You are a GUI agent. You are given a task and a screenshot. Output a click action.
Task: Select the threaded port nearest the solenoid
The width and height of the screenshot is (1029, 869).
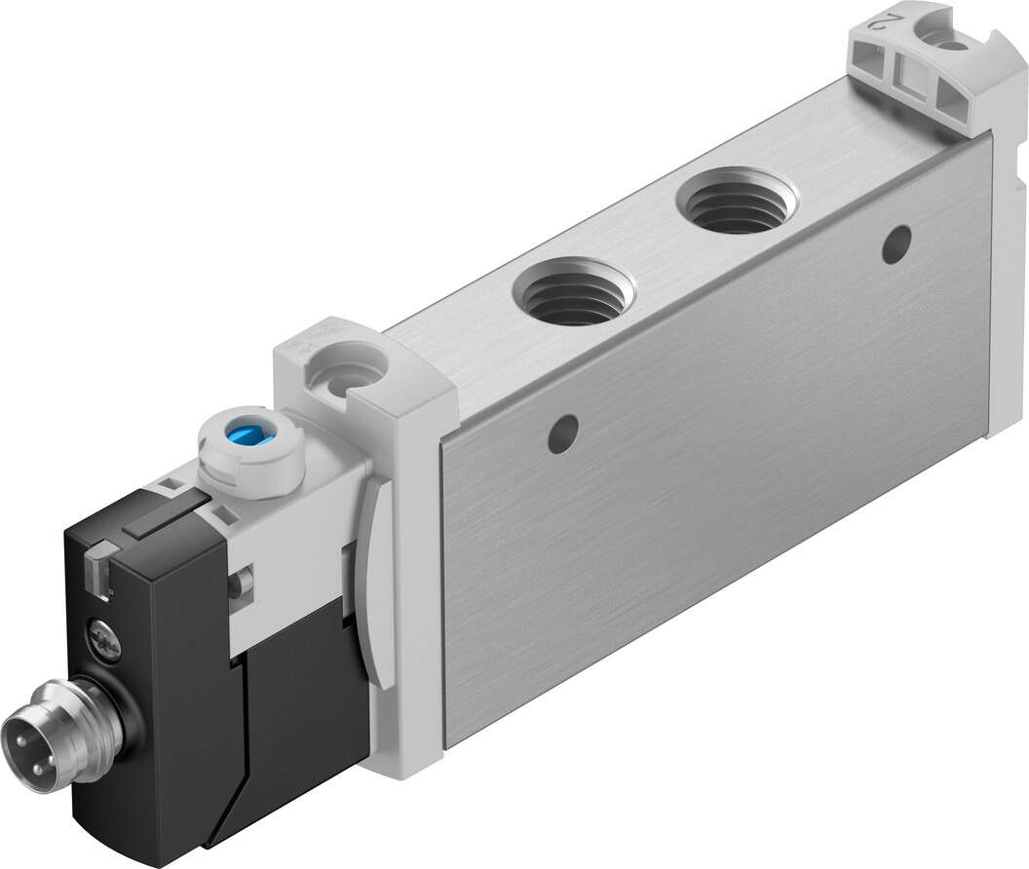coord(573,292)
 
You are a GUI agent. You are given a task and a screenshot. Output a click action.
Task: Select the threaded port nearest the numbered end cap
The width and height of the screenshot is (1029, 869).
coord(735,201)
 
